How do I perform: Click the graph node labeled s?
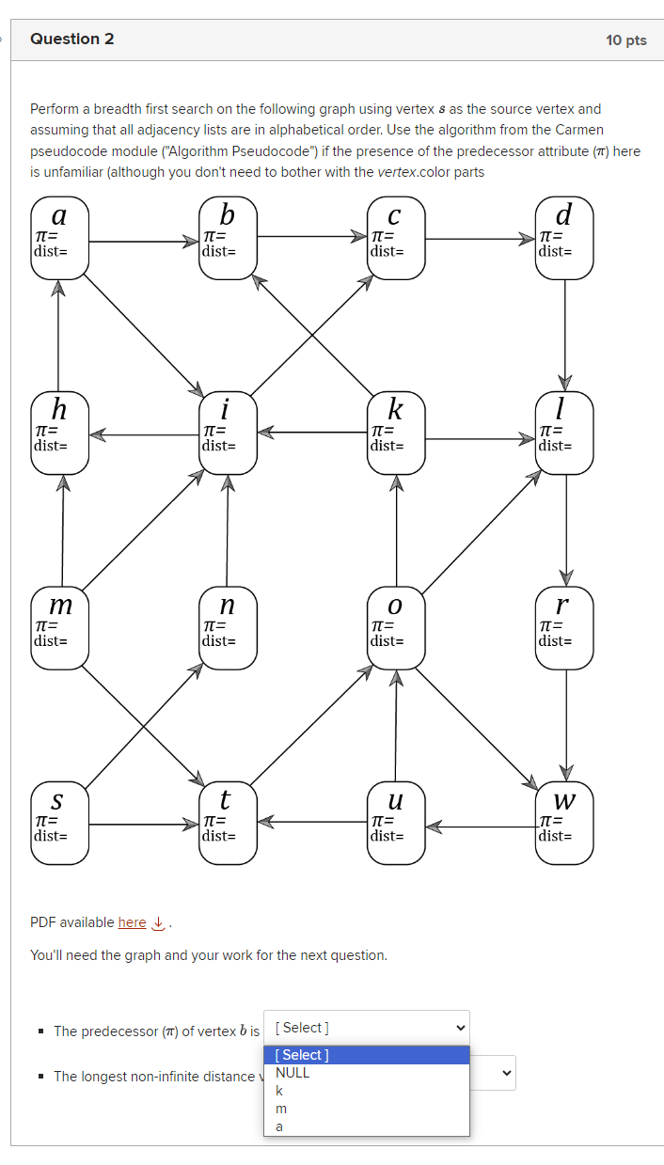click(x=59, y=823)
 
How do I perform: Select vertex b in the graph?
click(x=228, y=239)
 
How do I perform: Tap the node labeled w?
click(x=564, y=823)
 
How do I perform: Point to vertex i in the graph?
click(x=228, y=433)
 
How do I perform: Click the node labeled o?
click(x=396, y=628)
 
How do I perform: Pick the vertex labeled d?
click(x=564, y=239)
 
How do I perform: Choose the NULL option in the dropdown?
click(x=292, y=1073)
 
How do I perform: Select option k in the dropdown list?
click(x=279, y=1091)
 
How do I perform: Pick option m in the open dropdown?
click(x=280, y=1109)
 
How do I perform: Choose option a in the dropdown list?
click(x=279, y=1126)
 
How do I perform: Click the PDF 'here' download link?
click(x=133, y=922)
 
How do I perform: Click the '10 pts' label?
click(x=625, y=40)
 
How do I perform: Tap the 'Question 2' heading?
click(x=72, y=39)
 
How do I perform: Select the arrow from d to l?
click(x=565, y=334)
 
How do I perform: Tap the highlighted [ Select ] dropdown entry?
click(x=366, y=1055)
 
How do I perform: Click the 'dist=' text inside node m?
click(x=50, y=640)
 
